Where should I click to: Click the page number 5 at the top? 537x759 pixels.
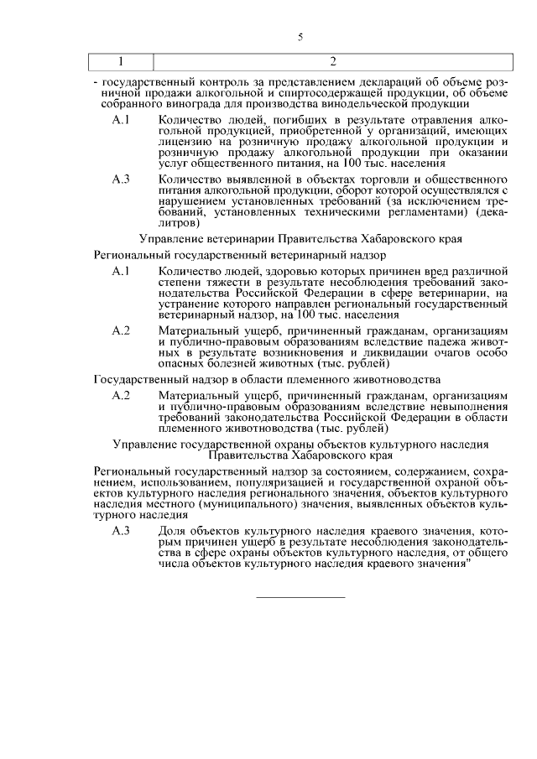pos(300,38)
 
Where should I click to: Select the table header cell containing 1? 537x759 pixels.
pos(121,61)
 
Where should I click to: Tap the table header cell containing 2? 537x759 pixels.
pos(333,61)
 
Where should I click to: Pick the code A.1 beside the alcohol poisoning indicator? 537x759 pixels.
pos(121,121)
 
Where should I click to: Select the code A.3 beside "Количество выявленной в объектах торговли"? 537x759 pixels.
pos(121,179)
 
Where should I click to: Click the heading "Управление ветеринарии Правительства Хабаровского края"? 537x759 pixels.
pos(300,238)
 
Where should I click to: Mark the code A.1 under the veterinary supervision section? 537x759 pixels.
pos(121,271)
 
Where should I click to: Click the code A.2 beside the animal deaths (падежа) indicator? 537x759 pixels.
pos(121,330)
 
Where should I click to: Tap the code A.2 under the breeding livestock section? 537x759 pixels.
pos(121,395)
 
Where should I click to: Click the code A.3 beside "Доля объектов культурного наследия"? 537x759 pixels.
pos(121,532)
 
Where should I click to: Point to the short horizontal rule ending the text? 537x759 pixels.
pos(300,597)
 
